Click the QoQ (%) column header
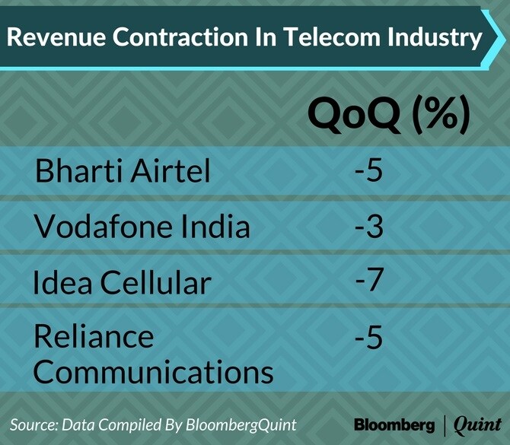pyautogui.click(x=388, y=115)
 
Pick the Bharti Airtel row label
pyautogui.click(x=123, y=171)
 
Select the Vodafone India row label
pyautogui.click(x=142, y=226)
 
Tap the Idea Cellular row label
pyautogui.click(x=121, y=282)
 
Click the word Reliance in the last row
pyautogui.click(x=94, y=336)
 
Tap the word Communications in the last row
pyautogui.click(x=153, y=372)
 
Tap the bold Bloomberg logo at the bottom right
pyautogui.click(x=394, y=423)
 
